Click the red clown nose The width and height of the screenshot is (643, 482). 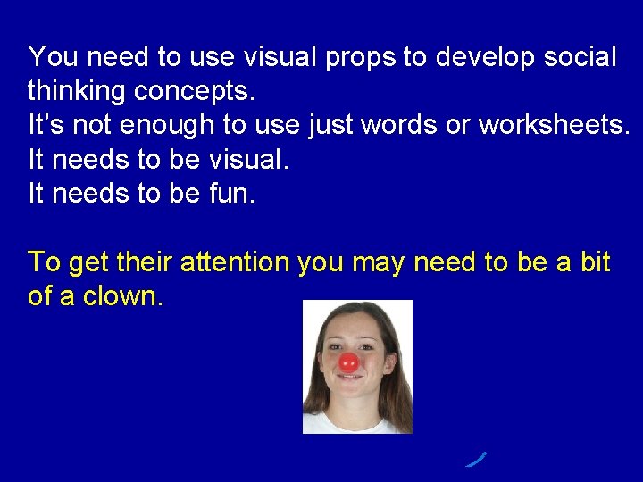click(348, 361)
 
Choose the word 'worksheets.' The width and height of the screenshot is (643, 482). click(554, 126)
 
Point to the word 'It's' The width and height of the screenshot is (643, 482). click(46, 126)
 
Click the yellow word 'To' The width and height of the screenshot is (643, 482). click(44, 262)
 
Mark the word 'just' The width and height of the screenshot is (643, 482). click(330, 126)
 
